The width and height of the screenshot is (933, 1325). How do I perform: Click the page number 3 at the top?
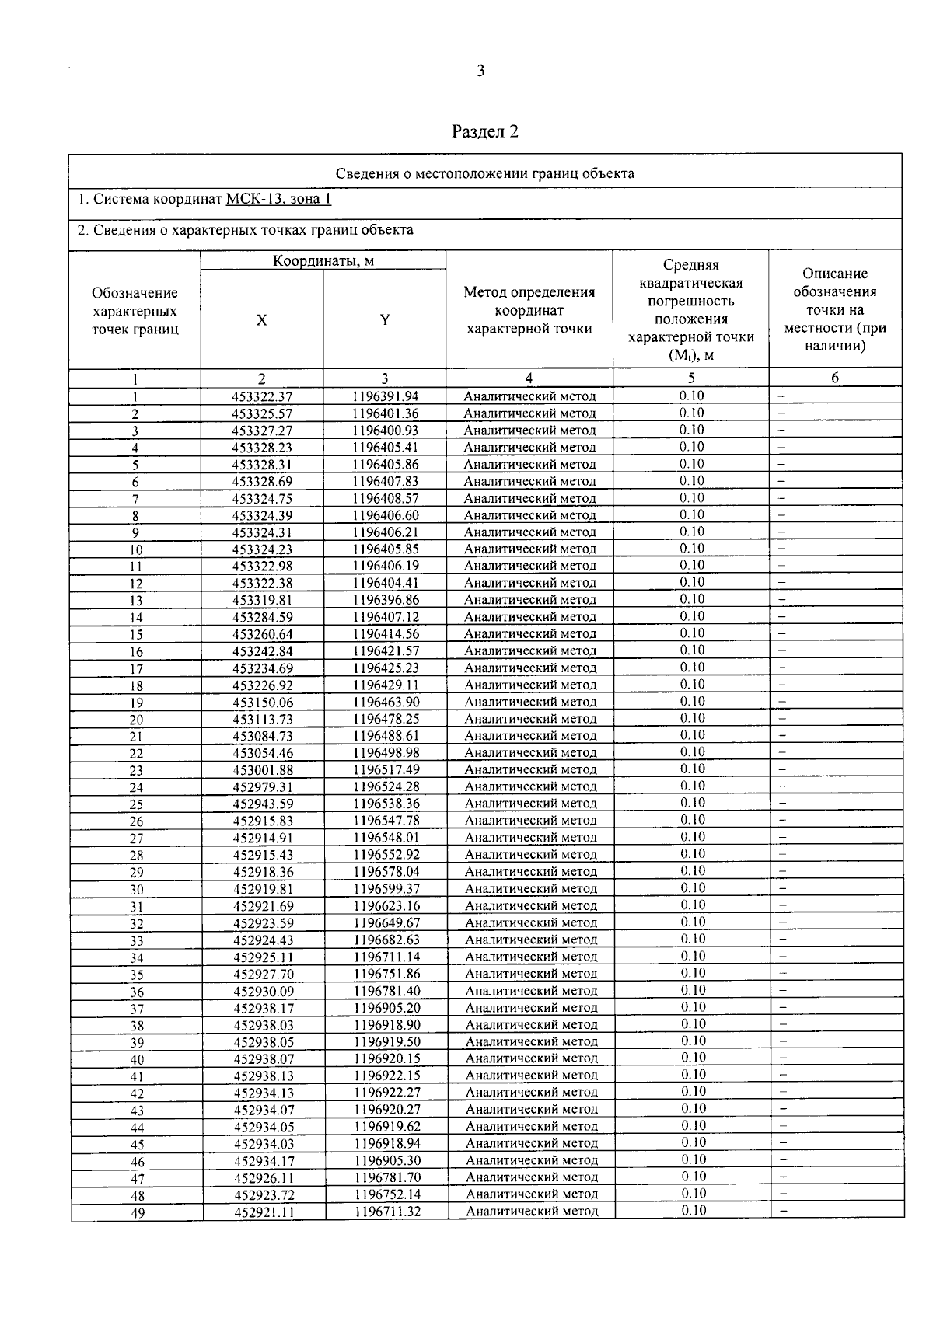click(480, 71)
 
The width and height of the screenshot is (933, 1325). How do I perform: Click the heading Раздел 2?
click(485, 131)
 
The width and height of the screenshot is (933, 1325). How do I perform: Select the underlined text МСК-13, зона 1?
click(278, 199)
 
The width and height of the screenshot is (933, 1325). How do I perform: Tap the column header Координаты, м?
click(323, 261)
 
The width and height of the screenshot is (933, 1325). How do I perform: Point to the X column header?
click(262, 320)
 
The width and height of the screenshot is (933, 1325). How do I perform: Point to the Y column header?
click(385, 320)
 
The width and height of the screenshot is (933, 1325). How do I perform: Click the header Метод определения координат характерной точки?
click(529, 310)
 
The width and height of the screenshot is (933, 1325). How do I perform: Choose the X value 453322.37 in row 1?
click(263, 396)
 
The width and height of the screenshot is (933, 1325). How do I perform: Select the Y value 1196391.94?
click(385, 396)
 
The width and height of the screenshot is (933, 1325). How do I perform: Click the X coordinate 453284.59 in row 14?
click(263, 618)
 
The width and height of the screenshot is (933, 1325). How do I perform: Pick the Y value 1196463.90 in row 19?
click(386, 703)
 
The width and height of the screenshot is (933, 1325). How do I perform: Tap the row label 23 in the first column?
click(136, 771)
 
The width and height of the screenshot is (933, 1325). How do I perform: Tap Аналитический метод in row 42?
click(532, 1093)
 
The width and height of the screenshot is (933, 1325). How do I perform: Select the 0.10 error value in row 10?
click(691, 549)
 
